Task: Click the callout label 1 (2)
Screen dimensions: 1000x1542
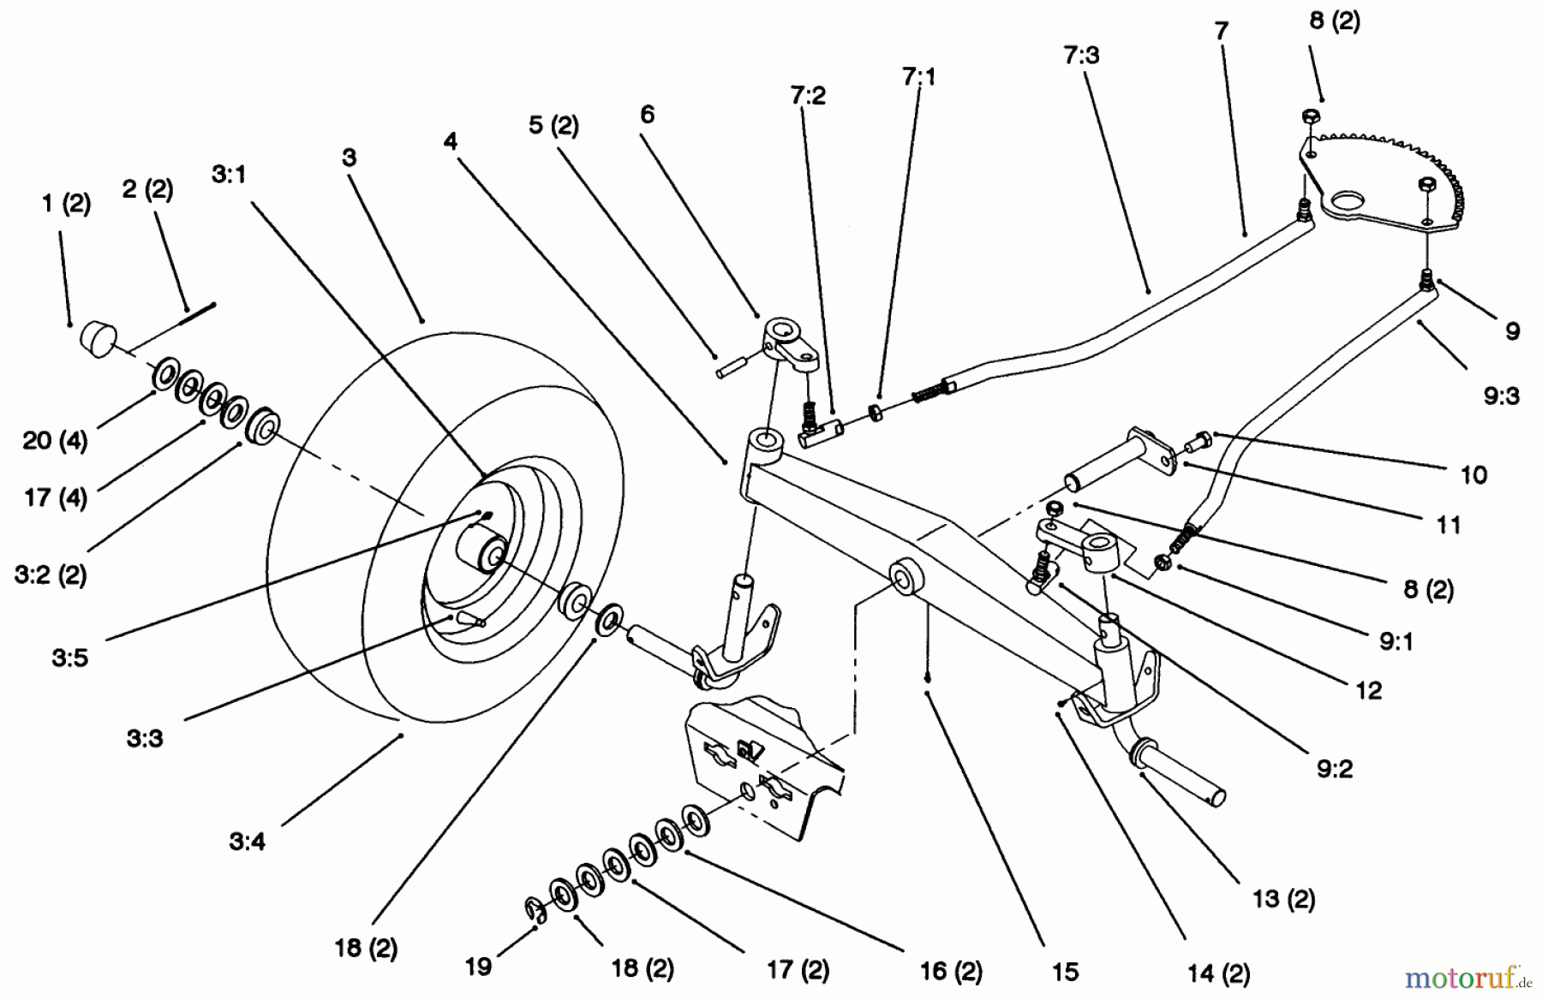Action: click(66, 204)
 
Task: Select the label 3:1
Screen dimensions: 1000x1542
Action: click(228, 174)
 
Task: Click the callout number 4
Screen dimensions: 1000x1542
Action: click(451, 140)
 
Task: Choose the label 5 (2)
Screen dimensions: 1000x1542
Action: click(553, 125)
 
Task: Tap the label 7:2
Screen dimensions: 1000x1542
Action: click(808, 95)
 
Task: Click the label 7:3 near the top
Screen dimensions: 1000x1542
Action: click(1081, 55)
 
